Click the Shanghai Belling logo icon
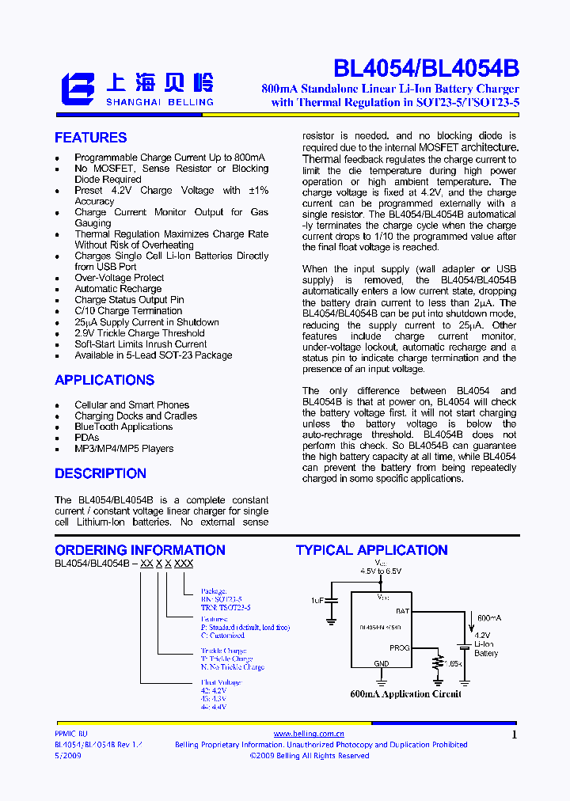coord(78,89)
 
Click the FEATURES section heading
coord(90,138)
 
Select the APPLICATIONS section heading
coord(104,380)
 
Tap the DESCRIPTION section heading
coord(101,473)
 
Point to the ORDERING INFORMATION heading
coord(140,550)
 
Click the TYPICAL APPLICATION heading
coord(372,550)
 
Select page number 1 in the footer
coord(515,735)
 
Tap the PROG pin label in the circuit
coord(400,647)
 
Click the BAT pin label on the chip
coord(403,611)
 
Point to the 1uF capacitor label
coord(317,600)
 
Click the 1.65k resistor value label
coord(454,662)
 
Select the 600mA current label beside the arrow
coord(489,617)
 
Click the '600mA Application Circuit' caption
coord(405,694)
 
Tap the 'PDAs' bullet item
coord(87,438)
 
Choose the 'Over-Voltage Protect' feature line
coord(120,278)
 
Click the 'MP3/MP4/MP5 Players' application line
coord(124,449)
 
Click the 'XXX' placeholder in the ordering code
coord(184,564)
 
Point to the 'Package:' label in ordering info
coord(214,591)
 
